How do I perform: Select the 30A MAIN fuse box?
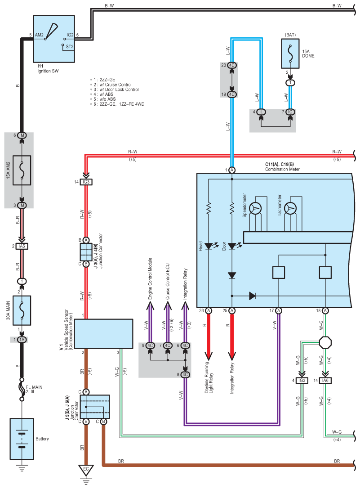[21, 310]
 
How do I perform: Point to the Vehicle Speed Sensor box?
[103, 334]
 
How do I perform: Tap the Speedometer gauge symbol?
[256, 208]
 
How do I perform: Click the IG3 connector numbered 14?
[86, 182]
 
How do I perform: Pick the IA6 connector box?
[325, 380]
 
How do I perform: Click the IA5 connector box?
[21, 246]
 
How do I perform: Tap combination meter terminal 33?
[208, 310]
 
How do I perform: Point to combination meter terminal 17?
[279, 310]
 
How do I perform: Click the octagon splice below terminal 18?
[325, 342]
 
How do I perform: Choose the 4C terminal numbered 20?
[232, 65]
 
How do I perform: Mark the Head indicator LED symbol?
[208, 246]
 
